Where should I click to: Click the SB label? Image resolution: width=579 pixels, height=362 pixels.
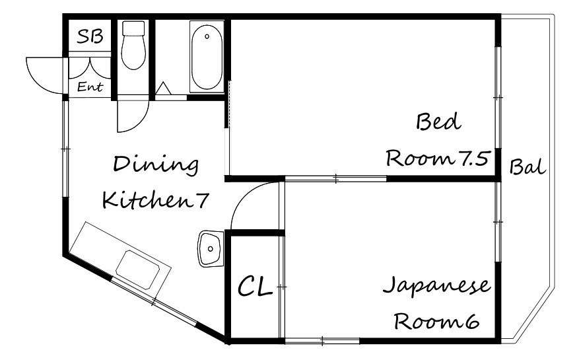click(x=90, y=36)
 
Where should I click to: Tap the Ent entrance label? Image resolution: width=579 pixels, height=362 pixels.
click(x=90, y=87)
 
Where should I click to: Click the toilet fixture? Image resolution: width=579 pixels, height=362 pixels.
click(x=134, y=50)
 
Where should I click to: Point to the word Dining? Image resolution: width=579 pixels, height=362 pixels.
click(x=156, y=164)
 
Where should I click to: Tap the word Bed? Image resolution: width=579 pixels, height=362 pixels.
click(x=437, y=123)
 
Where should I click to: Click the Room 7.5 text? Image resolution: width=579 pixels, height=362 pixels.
click(x=437, y=159)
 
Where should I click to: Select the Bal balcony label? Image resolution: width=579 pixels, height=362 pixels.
click(x=528, y=167)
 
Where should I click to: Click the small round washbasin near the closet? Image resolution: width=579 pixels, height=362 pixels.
click(x=210, y=248)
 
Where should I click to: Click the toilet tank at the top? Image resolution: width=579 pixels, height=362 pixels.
click(x=134, y=28)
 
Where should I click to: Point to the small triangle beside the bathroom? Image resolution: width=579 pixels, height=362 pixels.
click(x=163, y=89)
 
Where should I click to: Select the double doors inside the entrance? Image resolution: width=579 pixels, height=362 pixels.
click(x=90, y=69)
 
